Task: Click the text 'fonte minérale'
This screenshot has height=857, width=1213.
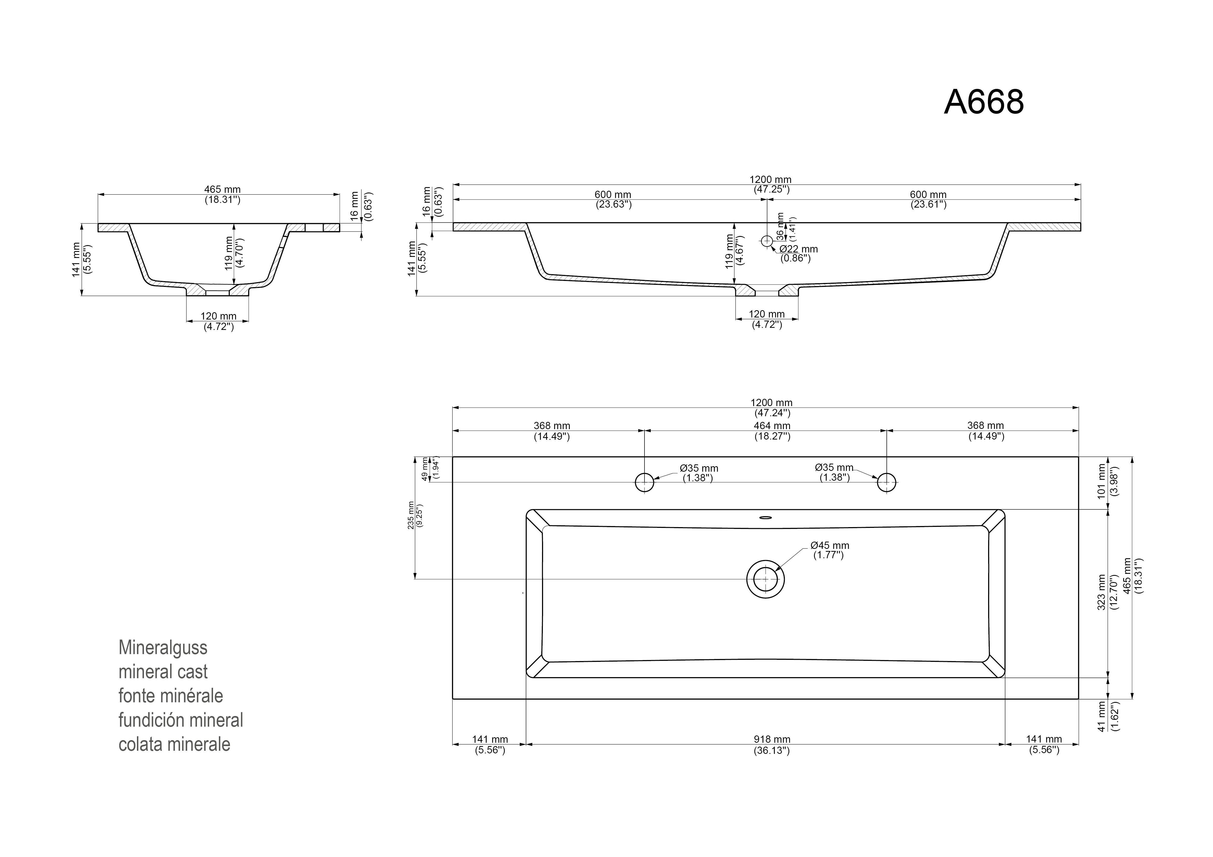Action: pos(171,696)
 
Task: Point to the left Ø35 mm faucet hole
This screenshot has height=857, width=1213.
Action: pos(644,482)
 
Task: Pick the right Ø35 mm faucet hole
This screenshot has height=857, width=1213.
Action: pos(887,482)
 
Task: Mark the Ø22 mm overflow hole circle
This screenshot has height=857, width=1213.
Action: pos(767,241)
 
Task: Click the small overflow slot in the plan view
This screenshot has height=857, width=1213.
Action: pos(766,518)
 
